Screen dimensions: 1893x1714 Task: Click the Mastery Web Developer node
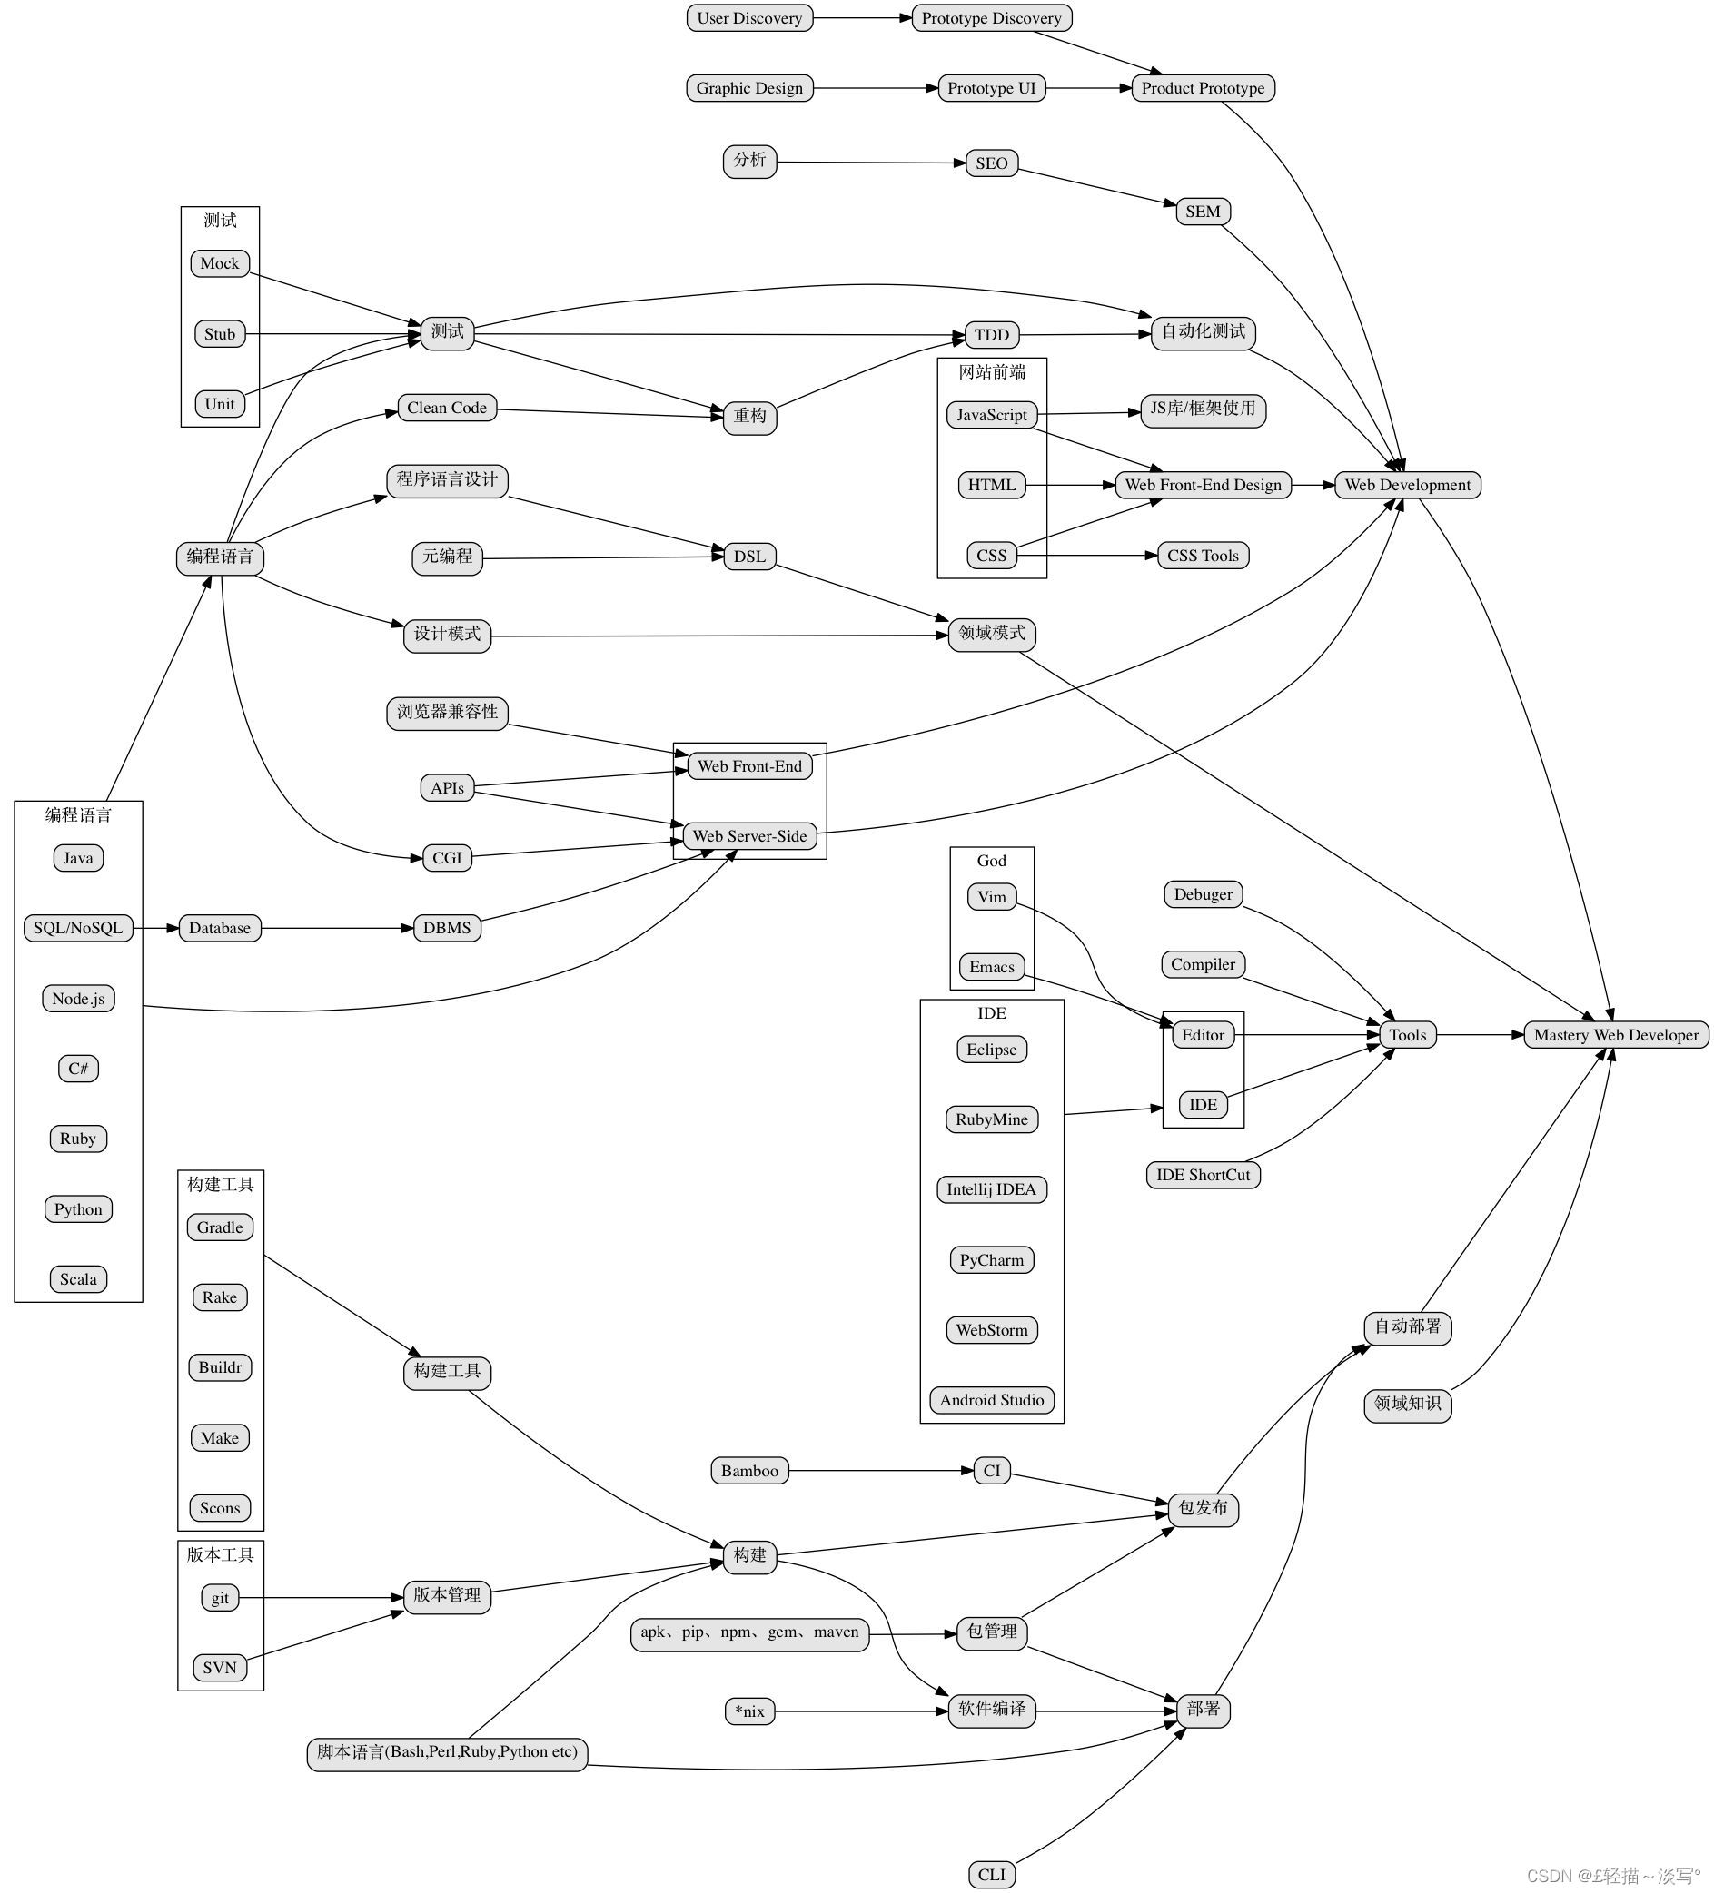pyautogui.click(x=1615, y=1035)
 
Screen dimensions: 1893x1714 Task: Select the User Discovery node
pyautogui.click(x=749, y=18)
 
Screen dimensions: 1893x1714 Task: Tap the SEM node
pyautogui.click(x=1202, y=212)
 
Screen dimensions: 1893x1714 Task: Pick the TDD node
pyautogui.click(x=991, y=335)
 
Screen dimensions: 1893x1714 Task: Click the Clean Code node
pyautogui.click(x=447, y=408)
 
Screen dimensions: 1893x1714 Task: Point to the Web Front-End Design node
pyautogui.click(x=1202, y=485)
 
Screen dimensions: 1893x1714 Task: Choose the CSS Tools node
pyautogui.click(x=1202, y=555)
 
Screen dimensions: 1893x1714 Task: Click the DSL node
pyautogui.click(x=749, y=556)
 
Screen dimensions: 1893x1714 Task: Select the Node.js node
pyautogui.click(x=78, y=998)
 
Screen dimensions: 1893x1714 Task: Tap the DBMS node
pyautogui.click(x=447, y=928)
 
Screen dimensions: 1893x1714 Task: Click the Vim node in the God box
pyautogui.click(x=991, y=897)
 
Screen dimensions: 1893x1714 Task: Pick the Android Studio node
pyautogui.click(x=991, y=1400)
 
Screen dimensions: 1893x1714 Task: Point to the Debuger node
pyautogui.click(x=1202, y=894)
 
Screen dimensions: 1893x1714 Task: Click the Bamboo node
pyautogui.click(x=749, y=1471)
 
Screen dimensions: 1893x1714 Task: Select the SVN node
pyautogui.click(x=220, y=1668)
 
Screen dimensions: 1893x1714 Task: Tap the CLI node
pyautogui.click(x=991, y=1875)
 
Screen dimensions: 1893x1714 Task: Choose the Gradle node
pyautogui.click(x=220, y=1227)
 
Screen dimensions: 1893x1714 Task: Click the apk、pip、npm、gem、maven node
pyautogui.click(x=749, y=1632)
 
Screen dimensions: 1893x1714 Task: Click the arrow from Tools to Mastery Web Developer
pyautogui.click(x=1480, y=1035)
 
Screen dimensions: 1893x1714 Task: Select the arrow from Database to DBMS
pyautogui.click(x=338, y=928)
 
